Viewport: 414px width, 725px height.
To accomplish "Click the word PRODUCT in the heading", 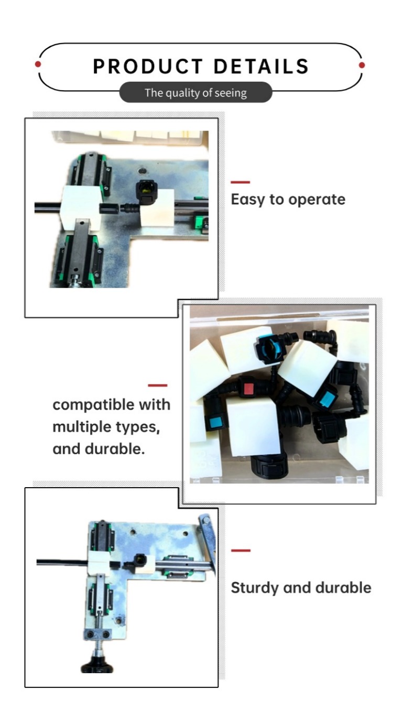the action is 148,67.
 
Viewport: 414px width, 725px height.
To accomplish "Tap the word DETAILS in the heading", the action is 261,67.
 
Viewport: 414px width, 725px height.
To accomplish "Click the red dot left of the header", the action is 38,64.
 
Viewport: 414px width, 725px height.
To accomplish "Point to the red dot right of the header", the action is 362,65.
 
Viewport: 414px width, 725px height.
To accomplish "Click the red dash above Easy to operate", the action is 240,182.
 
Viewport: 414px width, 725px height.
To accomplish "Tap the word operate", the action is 317,200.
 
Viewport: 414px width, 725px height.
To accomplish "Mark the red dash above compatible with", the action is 157,385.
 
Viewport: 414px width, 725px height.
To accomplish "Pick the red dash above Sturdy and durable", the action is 241,550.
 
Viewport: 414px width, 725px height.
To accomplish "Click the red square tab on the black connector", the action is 248,389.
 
